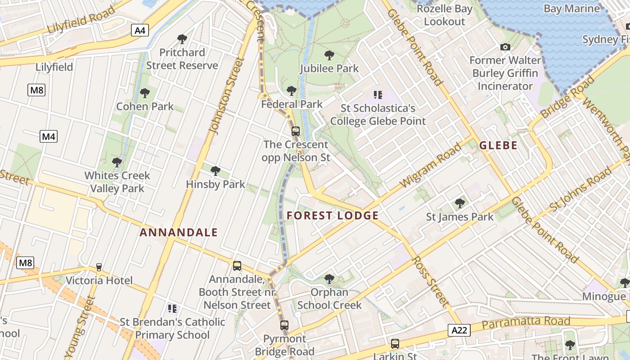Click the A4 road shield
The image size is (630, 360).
(140, 30)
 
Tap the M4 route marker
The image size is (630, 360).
(49, 136)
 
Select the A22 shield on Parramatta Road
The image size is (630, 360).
(459, 330)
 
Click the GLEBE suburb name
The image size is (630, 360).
(498, 145)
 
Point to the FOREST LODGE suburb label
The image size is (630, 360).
(333, 216)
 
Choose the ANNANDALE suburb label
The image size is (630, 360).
(179, 233)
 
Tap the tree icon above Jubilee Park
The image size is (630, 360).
(329, 55)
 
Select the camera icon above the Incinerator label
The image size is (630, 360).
(505, 47)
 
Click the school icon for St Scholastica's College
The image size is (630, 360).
(378, 94)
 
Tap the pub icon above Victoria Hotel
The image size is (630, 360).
(99, 267)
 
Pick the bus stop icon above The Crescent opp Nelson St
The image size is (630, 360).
(296, 131)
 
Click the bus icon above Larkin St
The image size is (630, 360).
(395, 344)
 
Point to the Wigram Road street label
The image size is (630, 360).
(431, 165)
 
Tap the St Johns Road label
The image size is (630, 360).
(580, 190)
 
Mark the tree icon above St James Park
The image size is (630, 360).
(459, 203)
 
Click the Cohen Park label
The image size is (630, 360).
(145, 107)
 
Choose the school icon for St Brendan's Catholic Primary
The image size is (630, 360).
(172, 309)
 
